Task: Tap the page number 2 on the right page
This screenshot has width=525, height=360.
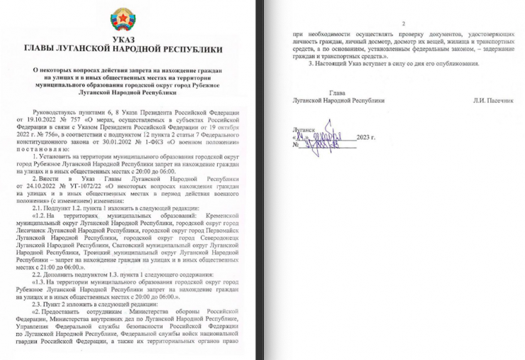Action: tap(402, 23)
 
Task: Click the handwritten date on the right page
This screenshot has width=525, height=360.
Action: tap(324, 136)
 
